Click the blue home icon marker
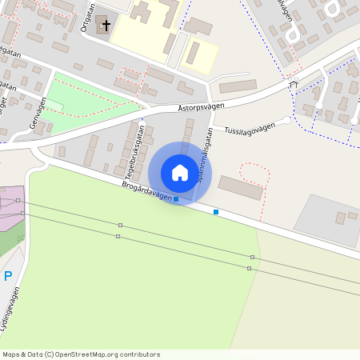[x=180, y=173]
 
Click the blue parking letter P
[x=8, y=276]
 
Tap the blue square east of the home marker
[x=216, y=212]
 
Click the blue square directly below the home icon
[x=176, y=199]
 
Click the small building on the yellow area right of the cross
[x=193, y=54]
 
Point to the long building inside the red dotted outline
[x=240, y=188]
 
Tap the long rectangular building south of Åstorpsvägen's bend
[x=238, y=86]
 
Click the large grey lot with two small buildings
[x=328, y=219]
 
